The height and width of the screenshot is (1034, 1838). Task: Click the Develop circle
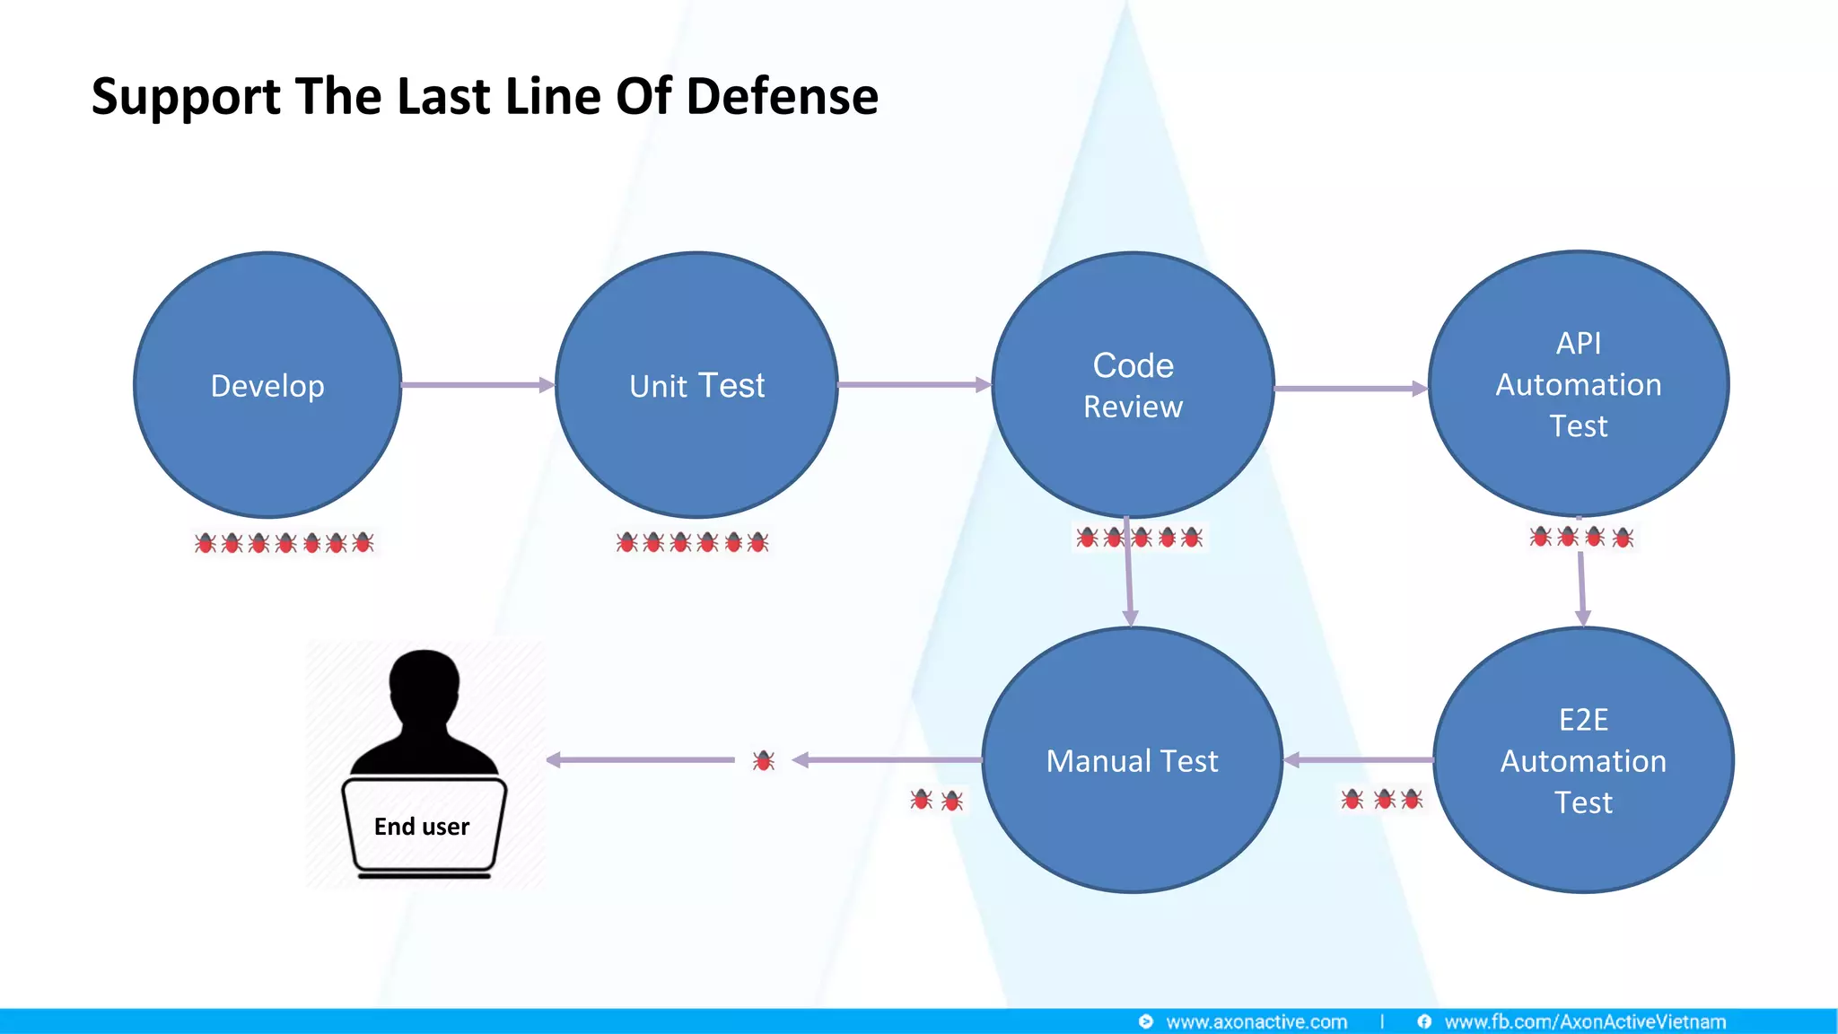coord(267,385)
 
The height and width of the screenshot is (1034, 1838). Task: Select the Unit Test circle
coord(696,385)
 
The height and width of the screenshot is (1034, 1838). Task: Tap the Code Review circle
coord(1133,385)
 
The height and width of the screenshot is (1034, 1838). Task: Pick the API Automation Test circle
coord(1578,384)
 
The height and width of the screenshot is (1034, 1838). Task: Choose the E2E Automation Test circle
coord(1583,760)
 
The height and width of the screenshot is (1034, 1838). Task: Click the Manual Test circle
coord(1132,760)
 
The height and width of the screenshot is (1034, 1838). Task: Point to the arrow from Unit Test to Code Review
coord(914,385)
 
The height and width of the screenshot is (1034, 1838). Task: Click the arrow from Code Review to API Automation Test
coord(1350,389)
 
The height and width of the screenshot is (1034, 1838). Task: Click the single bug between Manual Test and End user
coord(764,760)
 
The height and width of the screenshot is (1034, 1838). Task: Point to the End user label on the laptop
coord(422,826)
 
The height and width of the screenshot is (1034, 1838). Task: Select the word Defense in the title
coord(782,96)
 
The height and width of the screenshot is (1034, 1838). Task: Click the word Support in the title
coord(186,98)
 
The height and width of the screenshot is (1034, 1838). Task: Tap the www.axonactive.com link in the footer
coord(1256,1021)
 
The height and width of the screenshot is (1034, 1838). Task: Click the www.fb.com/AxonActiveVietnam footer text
coord(1585,1021)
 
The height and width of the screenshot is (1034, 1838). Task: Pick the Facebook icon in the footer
coord(1424,1021)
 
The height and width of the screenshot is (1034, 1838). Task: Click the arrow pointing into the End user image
coord(640,760)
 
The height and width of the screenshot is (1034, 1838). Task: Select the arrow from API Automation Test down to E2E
coord(1581,588)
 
